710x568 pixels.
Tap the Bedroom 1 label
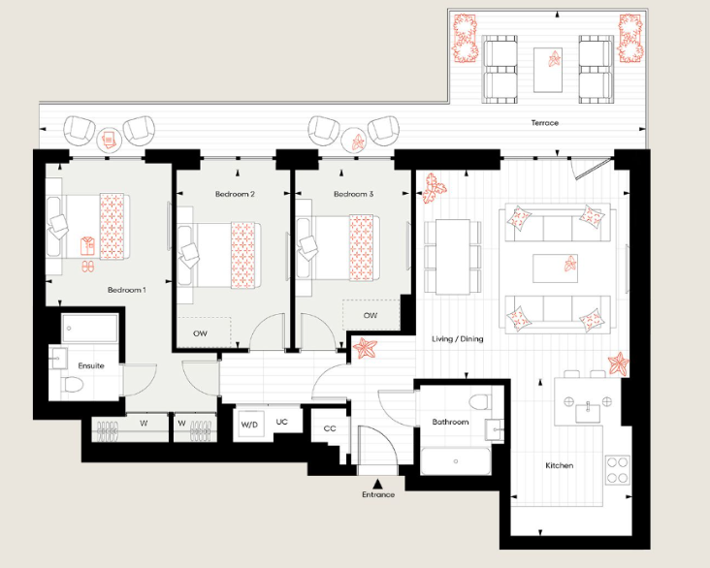pyautogui.click(x=126, y=290)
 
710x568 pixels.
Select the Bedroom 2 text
pyautogui.click(x=235, y=194)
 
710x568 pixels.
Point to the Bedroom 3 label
pyautogui.click(x=353, y=194)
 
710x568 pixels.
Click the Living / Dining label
pyautogui.click(x=457, y=338)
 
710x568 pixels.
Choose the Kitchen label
pyautogui.click(x=559, y=466)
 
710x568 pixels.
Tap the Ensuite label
pyautogui.click(x=91, y=365)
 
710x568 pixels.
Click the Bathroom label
pyautogui.click(x=450, y=423)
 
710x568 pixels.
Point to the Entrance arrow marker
pyautogui.click(x=377, y=481)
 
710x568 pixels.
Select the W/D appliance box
pyautogui.click(x=249, y=424)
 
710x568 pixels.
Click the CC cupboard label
pyautogui.click(x=330, y=428)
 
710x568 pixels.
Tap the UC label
pyautogui.click(x=281, y=423)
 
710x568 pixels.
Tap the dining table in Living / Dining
pyautogui.click(x=453, y=257)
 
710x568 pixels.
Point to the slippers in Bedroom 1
pyautogui.click(x=87, y=264)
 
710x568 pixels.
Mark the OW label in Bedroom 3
pyautogui.click(x=370, y=316)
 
